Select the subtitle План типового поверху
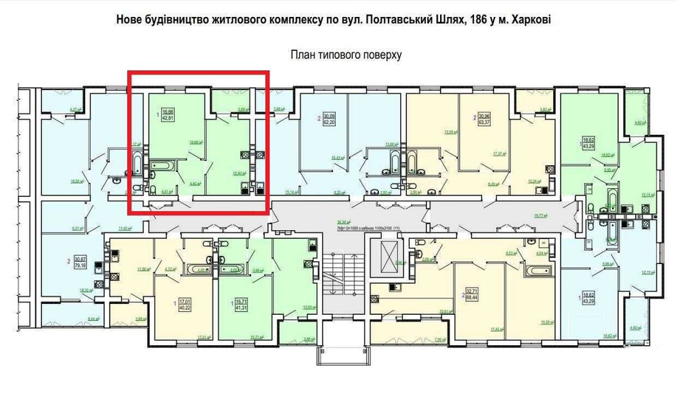coord(346,55)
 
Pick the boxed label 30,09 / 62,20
coord(330,120)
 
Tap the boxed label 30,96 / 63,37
coord(485,120)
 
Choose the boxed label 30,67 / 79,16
coord(81,263)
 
